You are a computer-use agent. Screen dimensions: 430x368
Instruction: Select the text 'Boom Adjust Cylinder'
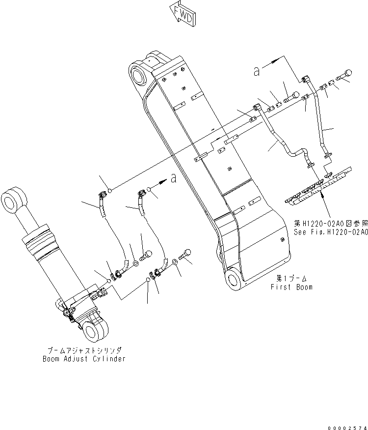click(84, 359)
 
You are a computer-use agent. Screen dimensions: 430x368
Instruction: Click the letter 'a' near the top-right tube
click(256, 71)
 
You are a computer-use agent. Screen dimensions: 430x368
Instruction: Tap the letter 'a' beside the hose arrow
click(173, 178)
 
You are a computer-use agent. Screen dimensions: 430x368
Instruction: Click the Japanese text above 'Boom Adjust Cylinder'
click(84, 350)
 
